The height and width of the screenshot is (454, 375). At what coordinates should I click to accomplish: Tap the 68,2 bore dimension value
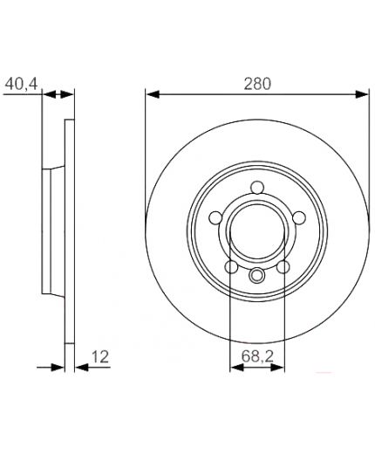[x=256, y=357]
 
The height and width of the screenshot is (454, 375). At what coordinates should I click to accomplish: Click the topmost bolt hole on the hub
[x=256, y=187]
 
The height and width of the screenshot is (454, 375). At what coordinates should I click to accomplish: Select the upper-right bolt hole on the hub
[x=297, y=218]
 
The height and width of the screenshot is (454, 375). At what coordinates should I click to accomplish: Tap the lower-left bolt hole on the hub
[x=230, y=267]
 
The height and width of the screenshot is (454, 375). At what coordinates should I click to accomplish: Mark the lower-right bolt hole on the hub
[x=282, y=267]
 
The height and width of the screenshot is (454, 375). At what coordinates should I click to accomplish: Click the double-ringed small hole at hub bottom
[x=256, y=277]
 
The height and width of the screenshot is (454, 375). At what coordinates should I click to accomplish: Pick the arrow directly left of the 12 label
[x=80, y=367]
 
